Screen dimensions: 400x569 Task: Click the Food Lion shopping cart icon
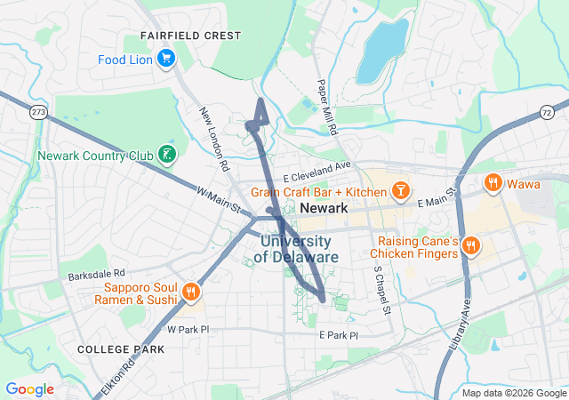pyautogui.click(x=165, y=59)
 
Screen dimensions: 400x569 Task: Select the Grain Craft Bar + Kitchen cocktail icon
pyautogui.click(x=401, y=191)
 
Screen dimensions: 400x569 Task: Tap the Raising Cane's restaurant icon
pyautogui.click(x=471, y=244)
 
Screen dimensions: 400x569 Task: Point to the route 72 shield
pyautogui.click(x=546, y=109)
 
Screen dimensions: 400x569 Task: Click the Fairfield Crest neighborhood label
pyautogui.click(x=190, y=36)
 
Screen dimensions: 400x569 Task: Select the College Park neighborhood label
pyautogui.click(x=121, y=349)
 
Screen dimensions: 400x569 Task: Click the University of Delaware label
pyautogui.click(x=296, y=249)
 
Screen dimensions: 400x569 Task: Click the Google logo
pyautogui.click(x=29, y=389)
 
